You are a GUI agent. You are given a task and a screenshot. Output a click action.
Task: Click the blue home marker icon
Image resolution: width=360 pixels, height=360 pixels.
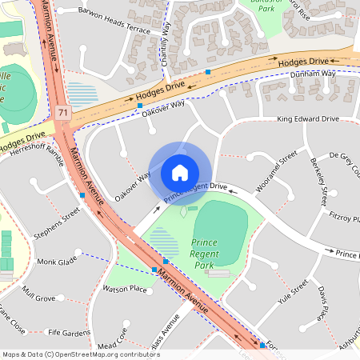[180, 172]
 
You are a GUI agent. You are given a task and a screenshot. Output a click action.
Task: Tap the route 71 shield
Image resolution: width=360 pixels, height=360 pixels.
[63, 115]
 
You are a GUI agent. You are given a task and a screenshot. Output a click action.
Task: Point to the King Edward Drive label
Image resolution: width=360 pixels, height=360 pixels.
[308, 119]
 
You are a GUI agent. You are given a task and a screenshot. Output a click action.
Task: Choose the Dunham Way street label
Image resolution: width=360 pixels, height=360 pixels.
[311, 74]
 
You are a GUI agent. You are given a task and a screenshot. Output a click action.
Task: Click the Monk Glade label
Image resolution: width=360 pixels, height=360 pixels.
[57, 262]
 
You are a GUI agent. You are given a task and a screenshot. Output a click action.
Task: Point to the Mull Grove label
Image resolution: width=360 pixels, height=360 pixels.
[38, 294]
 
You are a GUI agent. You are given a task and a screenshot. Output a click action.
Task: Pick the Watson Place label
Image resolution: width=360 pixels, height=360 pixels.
[125, 288]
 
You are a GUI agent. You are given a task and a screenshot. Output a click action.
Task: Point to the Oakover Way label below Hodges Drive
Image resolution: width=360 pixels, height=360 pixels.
[163, 109]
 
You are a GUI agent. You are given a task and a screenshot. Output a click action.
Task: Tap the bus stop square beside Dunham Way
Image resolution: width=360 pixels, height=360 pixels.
[208, 72]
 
